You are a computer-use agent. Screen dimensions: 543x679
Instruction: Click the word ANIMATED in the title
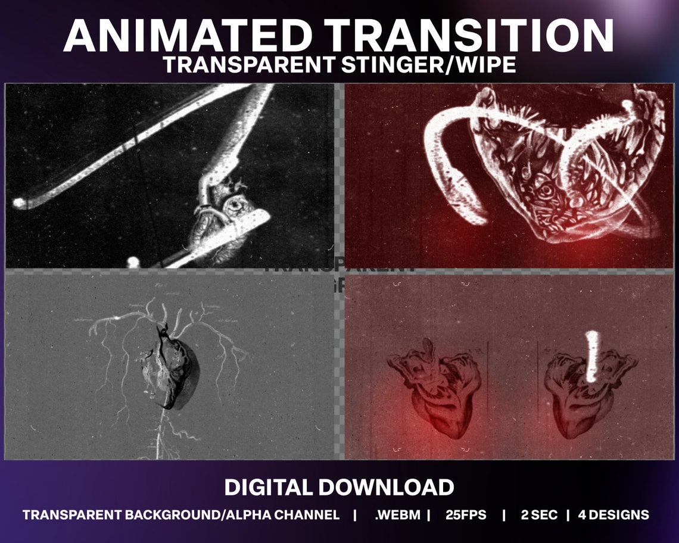click(x=169, y=36)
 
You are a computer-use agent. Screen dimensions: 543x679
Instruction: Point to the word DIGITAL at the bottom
click(x=268, y=487)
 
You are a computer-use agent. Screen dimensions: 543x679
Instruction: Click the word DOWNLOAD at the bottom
click(x=386, y=487)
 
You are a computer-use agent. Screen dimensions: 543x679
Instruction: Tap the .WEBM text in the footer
click(x=398, y=515)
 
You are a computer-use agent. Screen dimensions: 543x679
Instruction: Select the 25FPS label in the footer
click(x=465, y=515)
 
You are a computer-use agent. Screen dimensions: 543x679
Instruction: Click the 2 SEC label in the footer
click(x=540, y=515)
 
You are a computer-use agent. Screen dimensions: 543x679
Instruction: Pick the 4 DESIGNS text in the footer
click(x=613, y=515)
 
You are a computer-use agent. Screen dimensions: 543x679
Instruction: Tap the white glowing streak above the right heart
click(x=592, y=355)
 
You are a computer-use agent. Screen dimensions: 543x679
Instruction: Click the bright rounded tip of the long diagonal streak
click(x=20, y=203)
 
